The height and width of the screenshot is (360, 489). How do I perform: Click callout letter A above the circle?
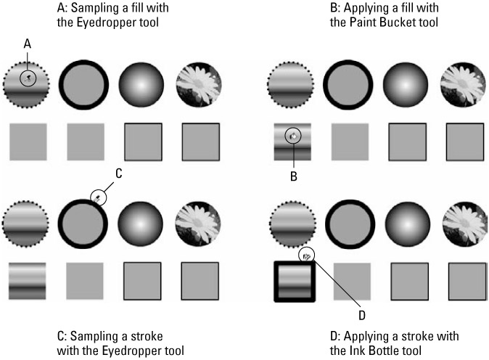[28, 44]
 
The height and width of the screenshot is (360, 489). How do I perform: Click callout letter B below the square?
[293, 175]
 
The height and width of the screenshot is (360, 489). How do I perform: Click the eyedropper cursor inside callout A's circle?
[28, 76]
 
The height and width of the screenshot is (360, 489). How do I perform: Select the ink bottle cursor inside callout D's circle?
[307, 255]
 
